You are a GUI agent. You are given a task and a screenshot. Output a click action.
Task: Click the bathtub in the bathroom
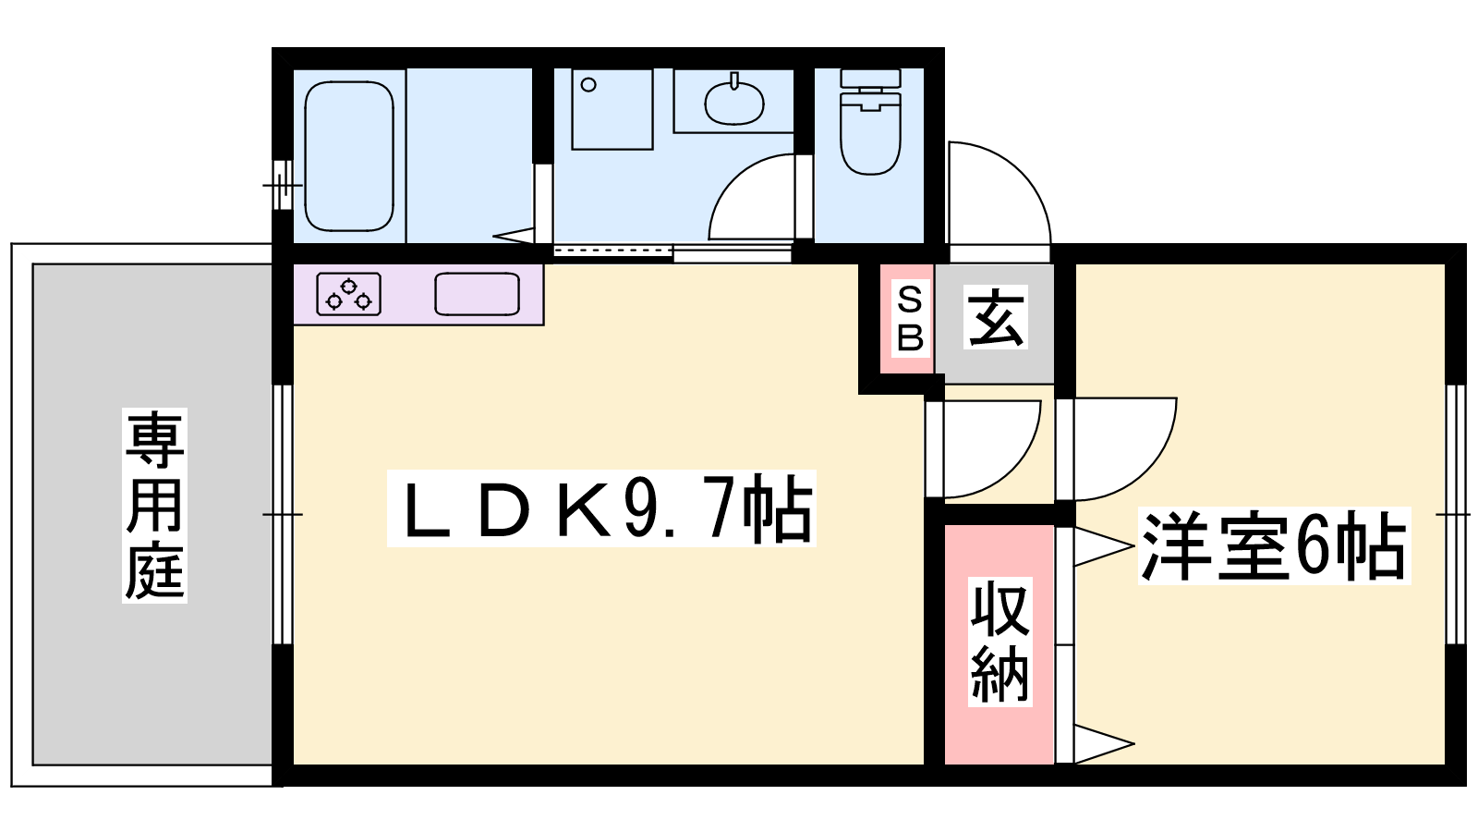point(349,156)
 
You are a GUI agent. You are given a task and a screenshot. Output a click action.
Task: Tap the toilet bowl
point(870,134)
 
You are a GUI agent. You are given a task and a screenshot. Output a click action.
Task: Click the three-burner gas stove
point(349,294)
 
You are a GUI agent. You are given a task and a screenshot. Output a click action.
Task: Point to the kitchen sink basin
point(477,294)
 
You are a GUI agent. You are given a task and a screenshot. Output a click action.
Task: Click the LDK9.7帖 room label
point(601,508)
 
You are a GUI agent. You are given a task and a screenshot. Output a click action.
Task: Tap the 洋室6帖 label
point(1274,546)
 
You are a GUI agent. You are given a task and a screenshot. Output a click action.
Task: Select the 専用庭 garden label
point(154,505)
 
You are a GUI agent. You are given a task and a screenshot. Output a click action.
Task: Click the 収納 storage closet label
point(999,642)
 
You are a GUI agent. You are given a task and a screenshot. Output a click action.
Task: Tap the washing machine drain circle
point(588,84)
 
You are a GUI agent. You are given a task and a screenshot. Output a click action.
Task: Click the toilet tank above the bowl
point(870,78)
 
